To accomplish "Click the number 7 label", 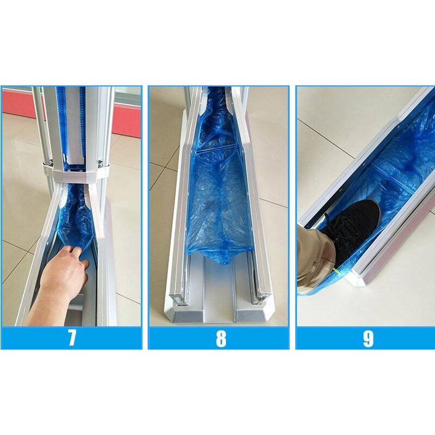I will point(72,338).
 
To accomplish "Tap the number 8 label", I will point(220,338).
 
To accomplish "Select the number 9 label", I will point(368,338).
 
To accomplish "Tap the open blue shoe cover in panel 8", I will point(217,207).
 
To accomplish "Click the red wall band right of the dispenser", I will point(126,120).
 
